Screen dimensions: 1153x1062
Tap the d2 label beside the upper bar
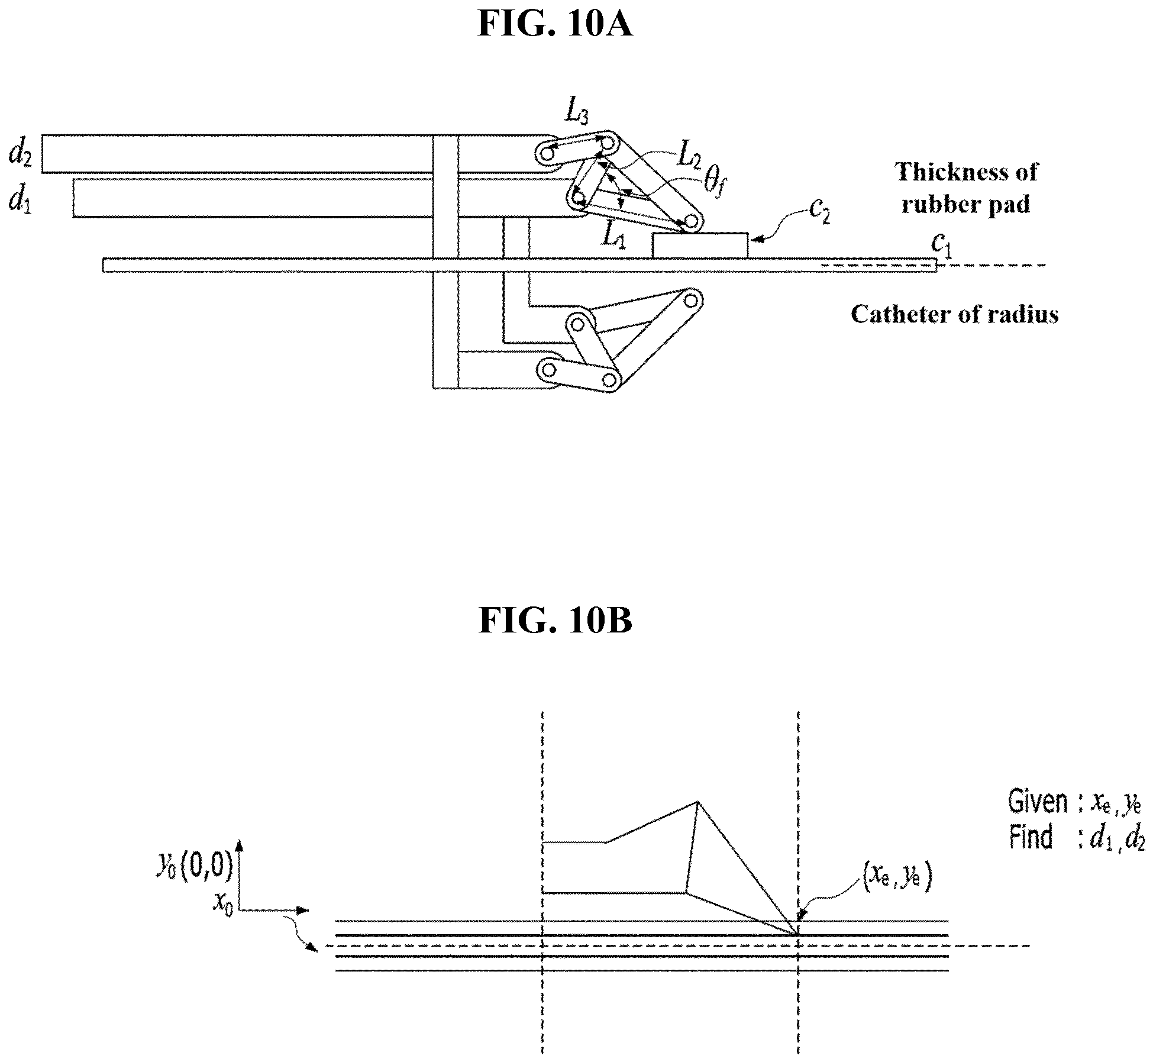(x=20, y=153)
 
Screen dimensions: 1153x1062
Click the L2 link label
(x=689, y=155)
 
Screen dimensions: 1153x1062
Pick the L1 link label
(x=613, y=236)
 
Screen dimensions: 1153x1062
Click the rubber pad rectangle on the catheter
(x=700, y=246)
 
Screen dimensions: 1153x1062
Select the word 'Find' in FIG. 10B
(x=1031, y=837)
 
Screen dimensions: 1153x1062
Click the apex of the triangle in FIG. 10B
(x=699, y=802)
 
